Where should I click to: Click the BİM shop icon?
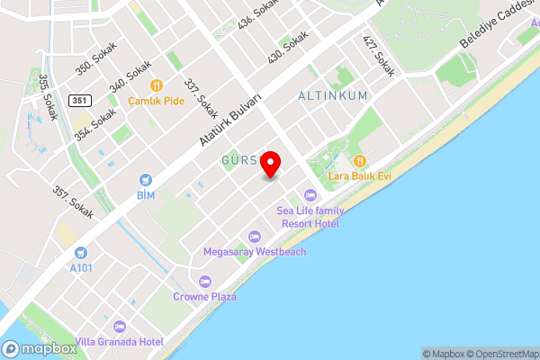(145, 180)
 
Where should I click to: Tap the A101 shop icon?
(81, 253)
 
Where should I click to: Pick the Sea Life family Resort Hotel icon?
(310, 194)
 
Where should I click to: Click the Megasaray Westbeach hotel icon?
(255, 237)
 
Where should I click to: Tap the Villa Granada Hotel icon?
(120, 326)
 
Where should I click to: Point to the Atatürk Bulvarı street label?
(229, 120)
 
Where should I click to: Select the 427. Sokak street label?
(379, 55)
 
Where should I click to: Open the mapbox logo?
(39, 349)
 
